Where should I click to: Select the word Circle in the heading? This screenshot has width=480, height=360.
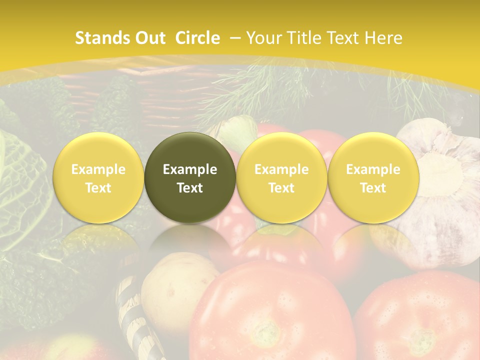tap(197, 38)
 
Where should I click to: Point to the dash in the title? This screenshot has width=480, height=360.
tap(235, 38)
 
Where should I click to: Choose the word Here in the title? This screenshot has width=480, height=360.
tap(384, 38)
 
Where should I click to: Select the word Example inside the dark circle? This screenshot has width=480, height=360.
tap(190, 169)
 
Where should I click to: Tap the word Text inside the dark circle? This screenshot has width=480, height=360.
tap(190, 188)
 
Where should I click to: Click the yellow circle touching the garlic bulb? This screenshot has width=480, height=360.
tap(373, 177)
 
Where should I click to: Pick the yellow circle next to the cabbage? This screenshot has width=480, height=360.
tap(98, 177)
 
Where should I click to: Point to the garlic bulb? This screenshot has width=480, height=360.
tap(445, 190)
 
